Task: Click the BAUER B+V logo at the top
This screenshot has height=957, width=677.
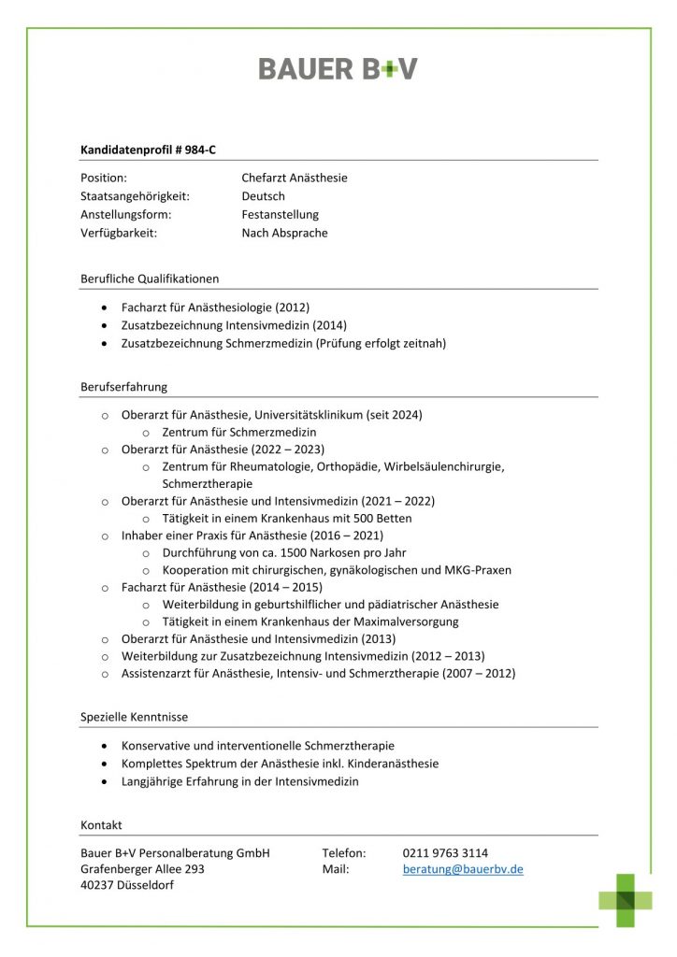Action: click(338, 68)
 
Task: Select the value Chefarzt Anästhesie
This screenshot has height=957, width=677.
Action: click(294, 178)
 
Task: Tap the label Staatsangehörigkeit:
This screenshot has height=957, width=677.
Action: click(135, 196)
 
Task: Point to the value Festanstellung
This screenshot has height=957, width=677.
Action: click(280, 215)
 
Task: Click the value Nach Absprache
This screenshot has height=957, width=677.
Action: click(284, 234)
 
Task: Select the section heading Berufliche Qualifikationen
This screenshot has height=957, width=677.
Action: click(150, 279)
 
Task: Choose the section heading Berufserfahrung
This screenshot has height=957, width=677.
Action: click(124, 386)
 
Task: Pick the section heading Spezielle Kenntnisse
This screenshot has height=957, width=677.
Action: click(134, 717)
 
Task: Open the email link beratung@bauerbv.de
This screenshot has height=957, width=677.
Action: click(463, 869)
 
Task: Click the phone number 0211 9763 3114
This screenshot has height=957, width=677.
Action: click(445, 852)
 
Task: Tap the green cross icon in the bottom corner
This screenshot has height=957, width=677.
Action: click(626, 900)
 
